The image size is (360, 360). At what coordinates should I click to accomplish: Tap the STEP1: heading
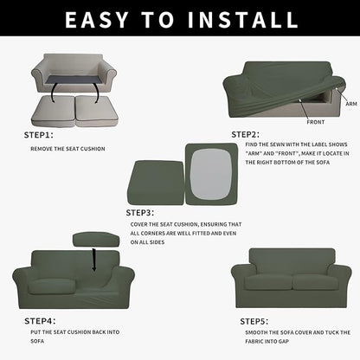tap(38, 135)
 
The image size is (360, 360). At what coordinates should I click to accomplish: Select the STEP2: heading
tap(245, 134)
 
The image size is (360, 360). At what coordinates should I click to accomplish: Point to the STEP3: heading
tap(140, 212)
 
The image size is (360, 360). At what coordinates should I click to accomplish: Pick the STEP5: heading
tap(254, 320)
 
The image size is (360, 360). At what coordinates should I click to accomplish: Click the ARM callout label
tap(350, 103)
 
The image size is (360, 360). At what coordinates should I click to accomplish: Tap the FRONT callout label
tap(316, 122)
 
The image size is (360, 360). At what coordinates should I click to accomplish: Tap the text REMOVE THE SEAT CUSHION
tap(68, 149)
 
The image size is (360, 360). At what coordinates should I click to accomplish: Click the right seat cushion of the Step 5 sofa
tap(315, 282)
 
